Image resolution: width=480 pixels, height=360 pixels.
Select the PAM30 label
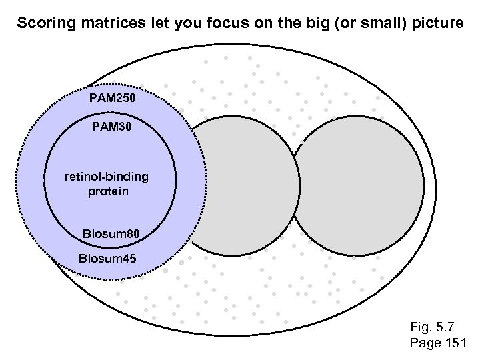pyautogui.click(x=111, y=125)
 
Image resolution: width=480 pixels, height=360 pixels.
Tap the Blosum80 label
pyautogui.click(x=111, y=234)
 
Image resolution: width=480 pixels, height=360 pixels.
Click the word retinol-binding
pyautogui.click(x=107, y=178)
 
